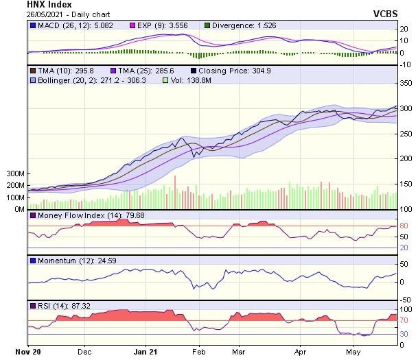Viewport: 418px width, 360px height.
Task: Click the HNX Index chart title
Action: tap(49, 5)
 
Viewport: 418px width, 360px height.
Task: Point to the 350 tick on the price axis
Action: tap(406, 83)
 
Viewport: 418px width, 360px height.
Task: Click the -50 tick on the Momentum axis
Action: tap(406, 300)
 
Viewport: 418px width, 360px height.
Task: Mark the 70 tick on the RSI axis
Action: tap(404, 320)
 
